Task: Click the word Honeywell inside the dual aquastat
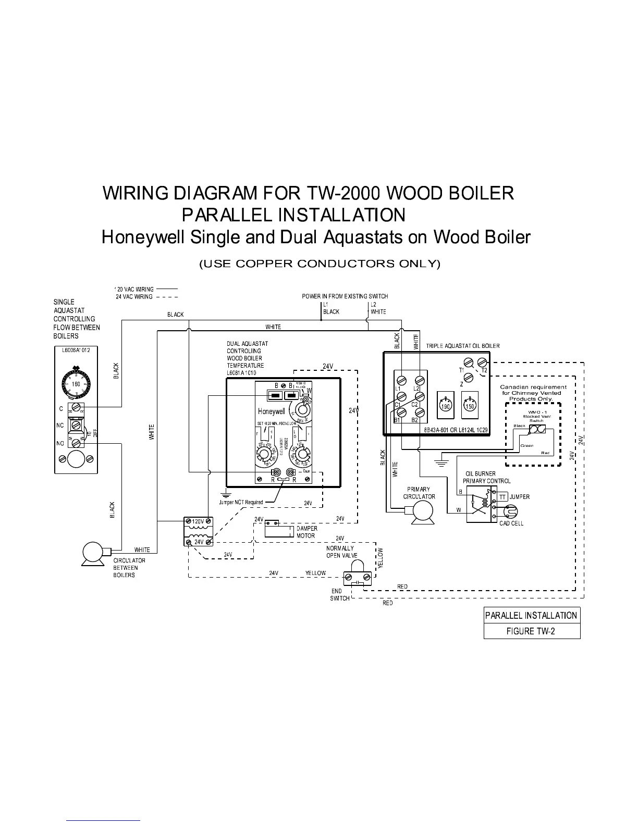pos(271,411)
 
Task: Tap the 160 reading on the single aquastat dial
pos(76,384)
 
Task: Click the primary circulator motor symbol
pos(419,512)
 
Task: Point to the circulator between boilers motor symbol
pos(93,553)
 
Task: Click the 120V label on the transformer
pos(198,521)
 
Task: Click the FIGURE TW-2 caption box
pos(532,631)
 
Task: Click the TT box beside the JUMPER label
pos(502,497)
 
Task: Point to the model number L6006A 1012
pos(76,350)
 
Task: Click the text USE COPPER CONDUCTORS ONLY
pos(320,264)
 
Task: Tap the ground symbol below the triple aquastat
pos(441,461)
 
